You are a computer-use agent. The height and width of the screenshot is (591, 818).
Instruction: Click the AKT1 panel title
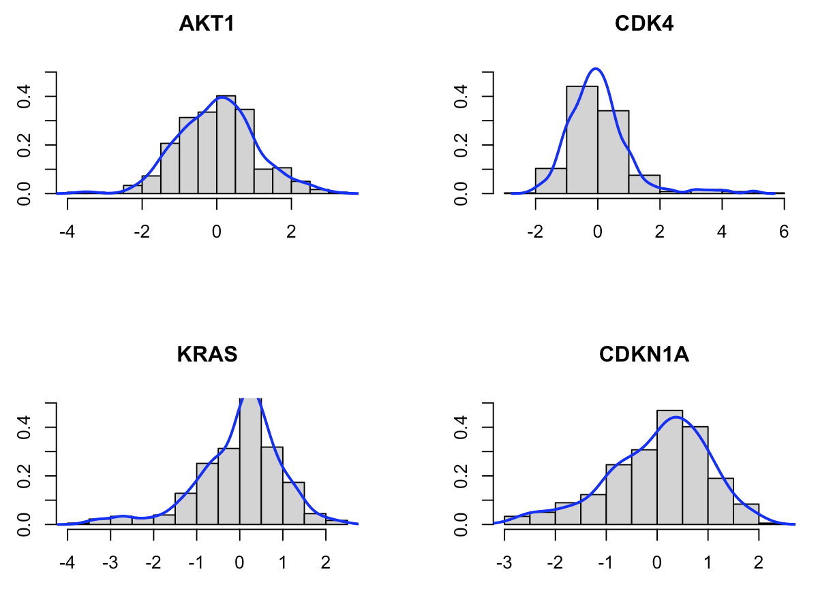click(207, 24)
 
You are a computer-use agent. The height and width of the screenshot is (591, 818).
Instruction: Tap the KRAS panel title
click(207, 355)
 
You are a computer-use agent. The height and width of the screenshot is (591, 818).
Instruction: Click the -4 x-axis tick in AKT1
click(67, 231)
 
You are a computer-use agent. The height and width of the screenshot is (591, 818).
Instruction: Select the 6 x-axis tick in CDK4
click(784, 231)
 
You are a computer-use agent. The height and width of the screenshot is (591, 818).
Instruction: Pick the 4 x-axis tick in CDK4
click(722, 231)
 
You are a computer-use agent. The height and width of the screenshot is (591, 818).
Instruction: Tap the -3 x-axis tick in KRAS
click(110, 562)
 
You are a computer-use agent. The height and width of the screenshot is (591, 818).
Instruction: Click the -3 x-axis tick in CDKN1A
click(504, 562)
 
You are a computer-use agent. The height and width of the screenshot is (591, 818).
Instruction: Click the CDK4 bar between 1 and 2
click(644, 185)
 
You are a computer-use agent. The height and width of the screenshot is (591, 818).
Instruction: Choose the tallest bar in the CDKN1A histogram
click(670, 467)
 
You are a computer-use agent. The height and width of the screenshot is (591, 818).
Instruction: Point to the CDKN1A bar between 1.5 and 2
click(746, 514)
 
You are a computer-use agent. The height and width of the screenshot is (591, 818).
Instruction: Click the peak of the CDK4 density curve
click(596, 69)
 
